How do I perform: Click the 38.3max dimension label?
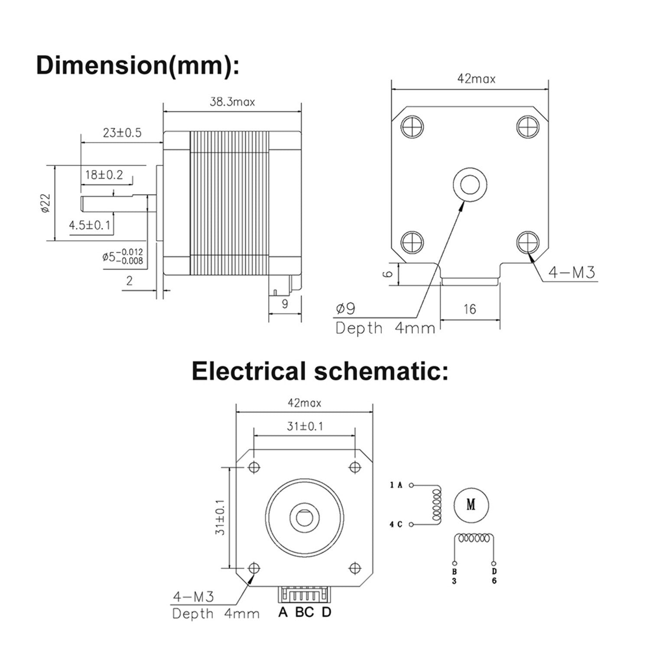pos(232,102)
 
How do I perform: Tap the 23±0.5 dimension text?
pos(122,133)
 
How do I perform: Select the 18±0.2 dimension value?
pos(104,175)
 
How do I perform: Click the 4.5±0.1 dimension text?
pos(89,225)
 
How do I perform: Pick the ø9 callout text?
pos(346,309)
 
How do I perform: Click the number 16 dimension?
pos(469,309)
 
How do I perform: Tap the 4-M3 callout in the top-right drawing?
pos(572,273)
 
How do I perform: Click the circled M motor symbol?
pos(471,505)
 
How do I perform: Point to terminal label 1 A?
pos(396,485)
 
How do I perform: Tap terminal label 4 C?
pos(396,524)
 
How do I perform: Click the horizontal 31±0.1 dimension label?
pos(305,426)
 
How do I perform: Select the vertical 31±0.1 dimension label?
pos(221,517)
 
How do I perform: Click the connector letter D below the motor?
pos(326,612)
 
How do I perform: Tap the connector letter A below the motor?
pos(283,612)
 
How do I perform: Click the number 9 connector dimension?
pos(284,304)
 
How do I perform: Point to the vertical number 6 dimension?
pos(388,274)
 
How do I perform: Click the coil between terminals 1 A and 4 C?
pos(436,504)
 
